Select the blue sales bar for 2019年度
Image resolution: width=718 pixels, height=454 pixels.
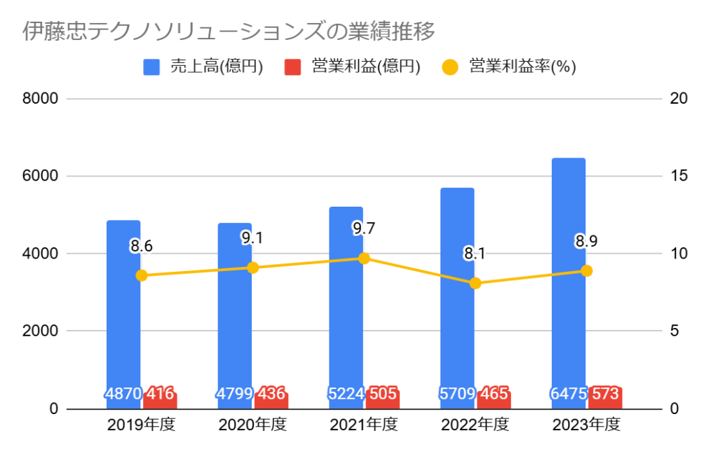[x=123, y=308]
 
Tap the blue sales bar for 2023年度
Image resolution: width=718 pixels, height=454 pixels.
[x=569, y=280]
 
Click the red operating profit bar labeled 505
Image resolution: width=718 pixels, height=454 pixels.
[x=382, y=397]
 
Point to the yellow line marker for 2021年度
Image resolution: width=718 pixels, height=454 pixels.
[x=364, y=258]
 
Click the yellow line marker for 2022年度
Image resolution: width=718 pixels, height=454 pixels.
[x=475, y=283]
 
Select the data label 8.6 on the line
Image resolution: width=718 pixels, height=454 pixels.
[x=141, y=246]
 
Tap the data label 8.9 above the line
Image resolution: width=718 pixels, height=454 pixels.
[x=587, y=242]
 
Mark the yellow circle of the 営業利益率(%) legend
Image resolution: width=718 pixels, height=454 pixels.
[x=450, y=67]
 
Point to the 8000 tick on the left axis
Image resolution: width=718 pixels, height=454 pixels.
[x=41, y=98]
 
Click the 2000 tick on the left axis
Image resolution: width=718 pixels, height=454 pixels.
[x=41, y=331]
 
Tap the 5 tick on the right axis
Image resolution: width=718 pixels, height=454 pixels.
[x=675, y=331]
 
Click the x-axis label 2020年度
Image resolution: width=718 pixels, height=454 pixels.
[x=252, y=425]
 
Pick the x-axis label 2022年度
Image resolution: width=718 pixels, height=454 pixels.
[x=475, y=425]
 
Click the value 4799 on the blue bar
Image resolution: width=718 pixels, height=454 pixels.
[x=234, y=394]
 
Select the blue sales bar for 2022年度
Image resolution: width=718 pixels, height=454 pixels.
[x=457, y=294]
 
